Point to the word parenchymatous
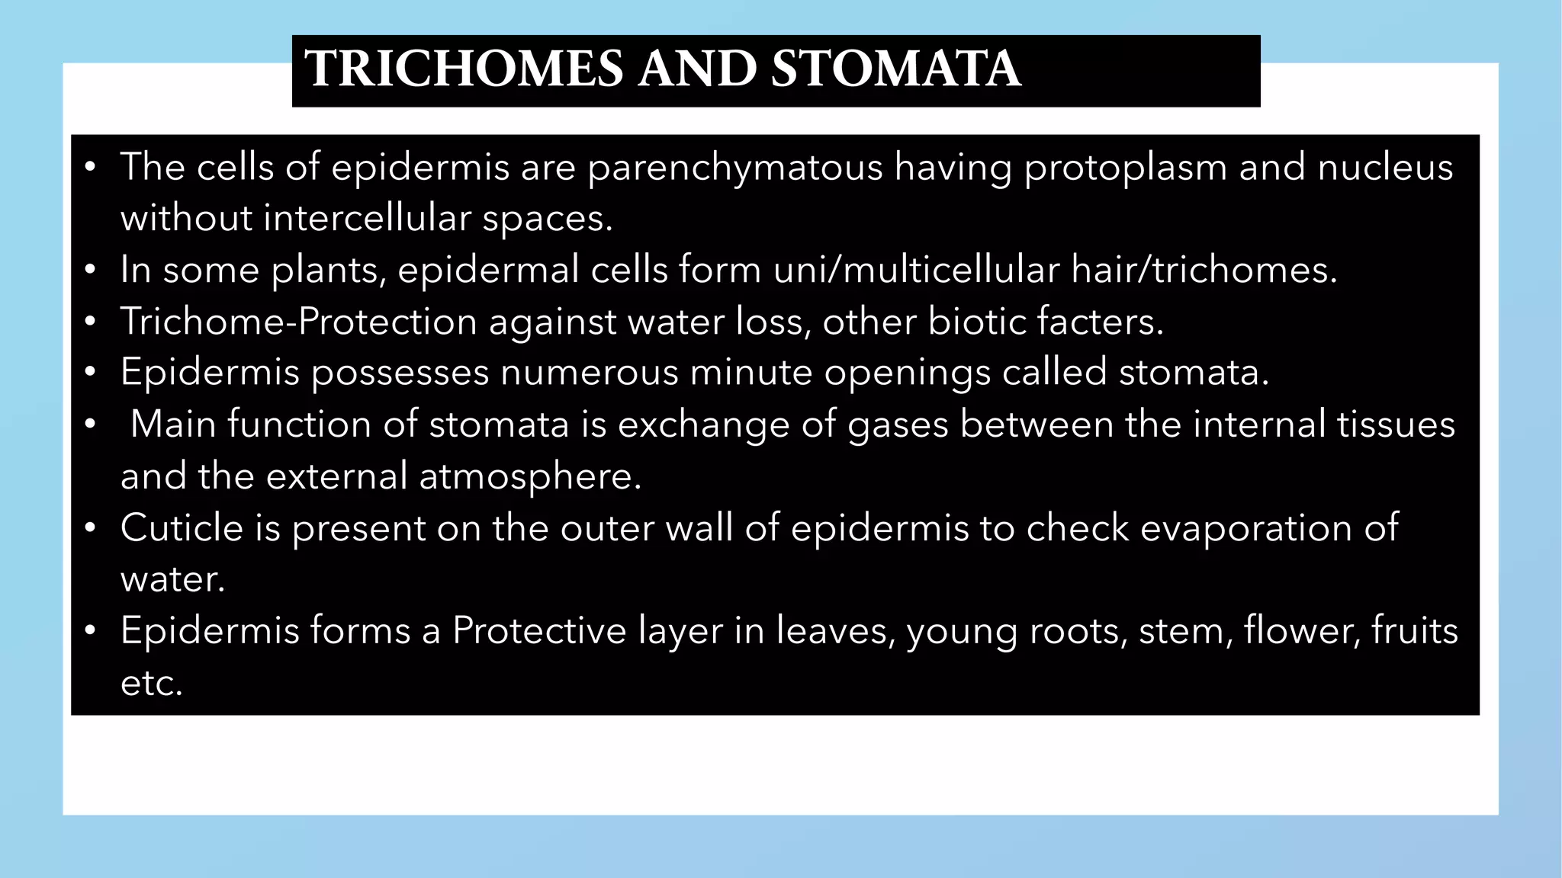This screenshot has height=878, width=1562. coord(734,168)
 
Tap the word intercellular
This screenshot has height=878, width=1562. coord(368,219)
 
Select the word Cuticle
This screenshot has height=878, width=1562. coord(182,528)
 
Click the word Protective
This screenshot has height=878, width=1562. coord(539,631)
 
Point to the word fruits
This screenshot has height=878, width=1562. coord(1414,631)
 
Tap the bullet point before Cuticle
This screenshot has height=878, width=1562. coord(90,527)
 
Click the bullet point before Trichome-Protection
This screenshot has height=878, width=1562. coord(90,322)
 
